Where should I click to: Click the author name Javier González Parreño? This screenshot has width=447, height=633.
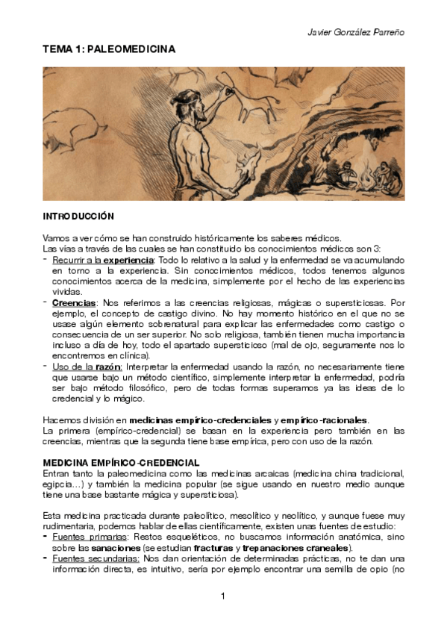pyautogui.click(x=356, y=33)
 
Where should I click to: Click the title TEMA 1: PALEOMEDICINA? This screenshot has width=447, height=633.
pyautogui.click(x=109, y=49)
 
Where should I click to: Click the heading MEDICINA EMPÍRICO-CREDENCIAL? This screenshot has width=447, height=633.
pyautogui.click(x=121, y=462)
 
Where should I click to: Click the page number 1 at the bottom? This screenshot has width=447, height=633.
pyautogui.click(x=224, y=596)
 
